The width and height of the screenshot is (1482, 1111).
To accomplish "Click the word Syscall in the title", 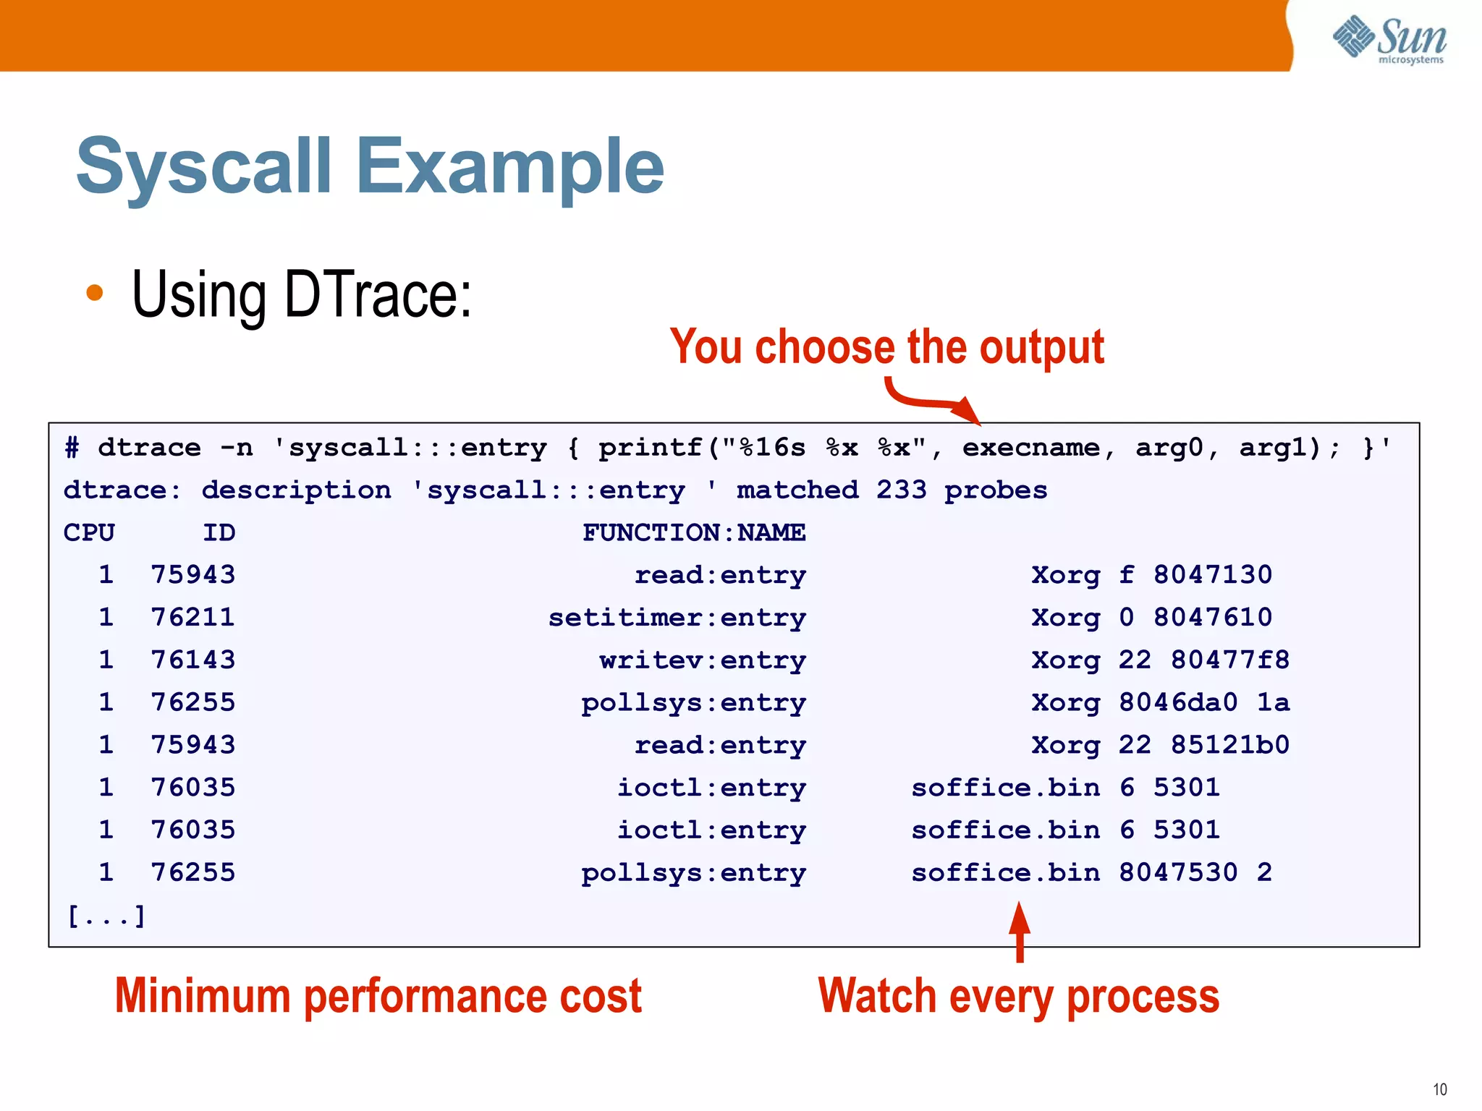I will pos(203,167).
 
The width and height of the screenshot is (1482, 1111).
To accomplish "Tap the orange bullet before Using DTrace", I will pos(94,293).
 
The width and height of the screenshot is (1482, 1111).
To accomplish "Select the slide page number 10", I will pos(1439,1089).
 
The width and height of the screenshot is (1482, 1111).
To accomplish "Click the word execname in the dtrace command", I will pos(1030,448).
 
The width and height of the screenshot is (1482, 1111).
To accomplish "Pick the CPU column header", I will pos(89,532).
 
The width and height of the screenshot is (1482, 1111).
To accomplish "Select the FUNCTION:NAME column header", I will pos(693,532).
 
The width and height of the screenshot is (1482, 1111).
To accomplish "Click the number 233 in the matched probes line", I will pos(901,490).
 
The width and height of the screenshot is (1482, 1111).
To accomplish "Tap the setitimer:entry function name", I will pos(677,618).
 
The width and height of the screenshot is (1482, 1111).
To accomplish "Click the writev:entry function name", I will pos(702,660).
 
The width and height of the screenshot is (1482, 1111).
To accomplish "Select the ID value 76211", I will pos(192,618).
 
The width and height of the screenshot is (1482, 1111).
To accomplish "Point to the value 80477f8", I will pos(1229,660).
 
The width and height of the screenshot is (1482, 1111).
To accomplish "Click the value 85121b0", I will pos(1229,745).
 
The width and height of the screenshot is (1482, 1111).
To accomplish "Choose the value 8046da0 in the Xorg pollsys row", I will pos(1177,702).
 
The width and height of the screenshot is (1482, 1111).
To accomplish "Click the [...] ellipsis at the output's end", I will pos(106,916).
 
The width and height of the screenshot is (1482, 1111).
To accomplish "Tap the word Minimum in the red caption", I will pos(202,997).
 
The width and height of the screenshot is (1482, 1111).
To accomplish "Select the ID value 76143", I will pos(192,660).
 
